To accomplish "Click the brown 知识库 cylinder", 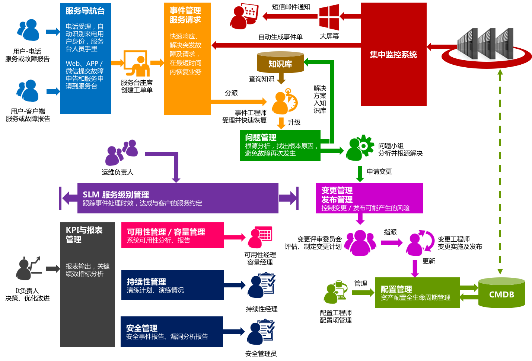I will [x=280, y=63].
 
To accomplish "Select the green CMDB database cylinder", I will [x=501, y=293].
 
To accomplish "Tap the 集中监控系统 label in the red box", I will [x=393, y=55].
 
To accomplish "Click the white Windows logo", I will [x=329, y=17].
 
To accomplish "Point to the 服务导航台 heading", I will [x=85, y=11].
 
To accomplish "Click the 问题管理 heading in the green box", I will [x=261, y=137].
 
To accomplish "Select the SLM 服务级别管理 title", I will [x=116, y=194].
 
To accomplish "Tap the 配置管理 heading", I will [x=396, y=289].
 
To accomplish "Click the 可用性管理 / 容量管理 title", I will [x=166, y=232].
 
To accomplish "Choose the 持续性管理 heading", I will [x=146, y=281].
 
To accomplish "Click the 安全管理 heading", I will [x=141, y=328].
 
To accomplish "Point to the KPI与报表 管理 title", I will [x=84, y=235].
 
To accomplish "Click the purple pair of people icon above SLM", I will [x=122, y=152].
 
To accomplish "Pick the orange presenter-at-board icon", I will [x=137, y=64].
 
